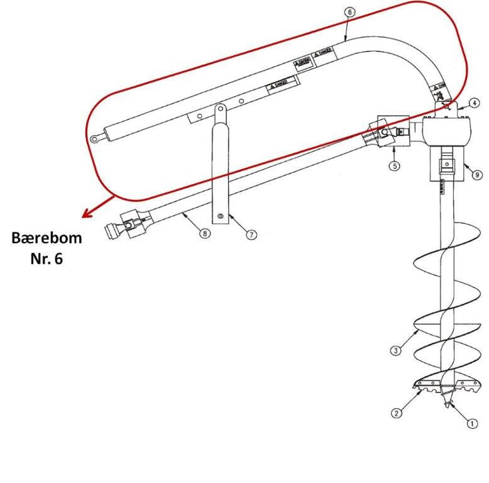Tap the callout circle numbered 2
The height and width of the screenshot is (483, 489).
click(x=396, y=413)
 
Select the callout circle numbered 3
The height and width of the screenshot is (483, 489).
click(x=395, y=350)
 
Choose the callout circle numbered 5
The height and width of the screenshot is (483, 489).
click(x=394, y=166)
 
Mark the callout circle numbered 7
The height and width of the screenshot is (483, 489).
click(x=251, y=235)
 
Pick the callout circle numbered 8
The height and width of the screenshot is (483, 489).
click(x=204, y=233)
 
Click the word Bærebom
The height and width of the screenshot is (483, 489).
click(x=47, y=239)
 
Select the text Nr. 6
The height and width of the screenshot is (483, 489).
click(x=47, y=258)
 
